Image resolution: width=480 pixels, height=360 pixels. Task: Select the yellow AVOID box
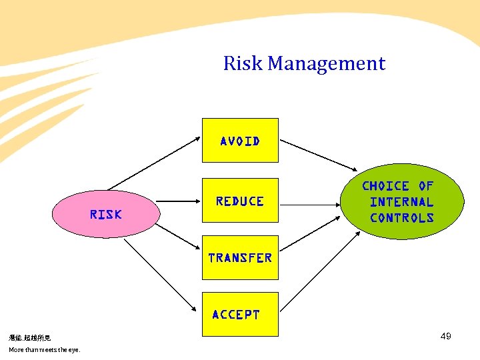pos(240,141)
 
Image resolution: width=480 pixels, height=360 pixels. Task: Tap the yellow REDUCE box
pos(240,201)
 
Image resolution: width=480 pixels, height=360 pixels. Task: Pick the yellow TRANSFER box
pos(240,257)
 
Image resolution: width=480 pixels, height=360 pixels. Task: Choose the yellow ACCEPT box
pos(240,314)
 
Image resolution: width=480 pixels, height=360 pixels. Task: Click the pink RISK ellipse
pos(106,214)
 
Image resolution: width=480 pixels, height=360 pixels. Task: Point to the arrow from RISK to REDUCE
pos(181,201)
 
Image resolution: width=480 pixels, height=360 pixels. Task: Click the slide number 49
pos(446,336)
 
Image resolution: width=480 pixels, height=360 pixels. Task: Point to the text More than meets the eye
pos(44,350)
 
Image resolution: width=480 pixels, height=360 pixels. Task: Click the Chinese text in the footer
pos(29,339)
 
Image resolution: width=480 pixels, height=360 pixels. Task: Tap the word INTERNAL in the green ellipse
pos(401,201)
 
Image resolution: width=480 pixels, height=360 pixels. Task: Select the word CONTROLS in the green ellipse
pos(402,217)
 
